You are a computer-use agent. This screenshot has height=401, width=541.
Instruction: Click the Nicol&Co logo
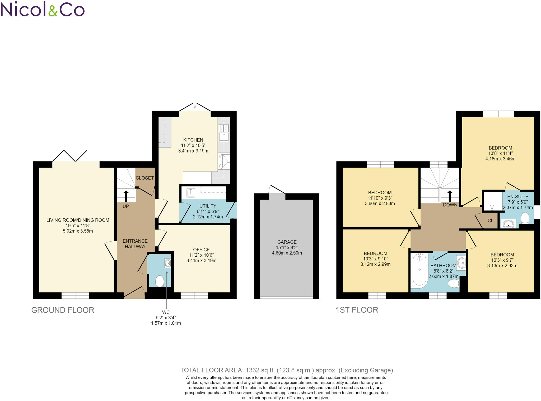coord(42,9)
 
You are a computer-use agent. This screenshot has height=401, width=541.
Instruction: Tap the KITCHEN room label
coord(193,140)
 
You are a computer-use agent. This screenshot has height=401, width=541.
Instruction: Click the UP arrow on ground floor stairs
coord(126,196)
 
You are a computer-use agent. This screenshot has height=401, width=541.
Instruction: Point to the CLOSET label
coord(144,178)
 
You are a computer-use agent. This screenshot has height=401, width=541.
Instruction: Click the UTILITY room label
coord(208,206)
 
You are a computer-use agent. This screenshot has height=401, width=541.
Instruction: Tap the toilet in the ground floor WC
coord(160,281)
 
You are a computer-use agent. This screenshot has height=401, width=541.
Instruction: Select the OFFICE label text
coord(201,250)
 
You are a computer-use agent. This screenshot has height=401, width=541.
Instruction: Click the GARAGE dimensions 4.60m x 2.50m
coord(287,253)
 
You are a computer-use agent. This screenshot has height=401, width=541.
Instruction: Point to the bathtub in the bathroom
coord(419,270)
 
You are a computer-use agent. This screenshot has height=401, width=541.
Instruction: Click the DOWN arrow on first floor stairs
coord(450,196)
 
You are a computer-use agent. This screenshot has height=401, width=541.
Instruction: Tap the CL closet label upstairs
coord(490,220)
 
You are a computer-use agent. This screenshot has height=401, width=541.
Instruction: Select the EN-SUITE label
coord(518,197)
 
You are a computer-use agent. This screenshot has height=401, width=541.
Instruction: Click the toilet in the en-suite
coord(525,218)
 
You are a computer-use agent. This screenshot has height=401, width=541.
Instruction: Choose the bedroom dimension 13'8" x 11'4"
coord(500,153)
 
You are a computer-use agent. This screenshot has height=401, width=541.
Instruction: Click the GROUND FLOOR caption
coord(63,310)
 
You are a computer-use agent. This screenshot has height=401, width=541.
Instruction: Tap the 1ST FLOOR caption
coord(357,310)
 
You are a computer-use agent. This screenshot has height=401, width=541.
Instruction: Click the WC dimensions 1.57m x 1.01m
coord(166,323)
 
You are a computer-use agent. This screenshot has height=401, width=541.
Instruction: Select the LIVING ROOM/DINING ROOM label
coord(78,220)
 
